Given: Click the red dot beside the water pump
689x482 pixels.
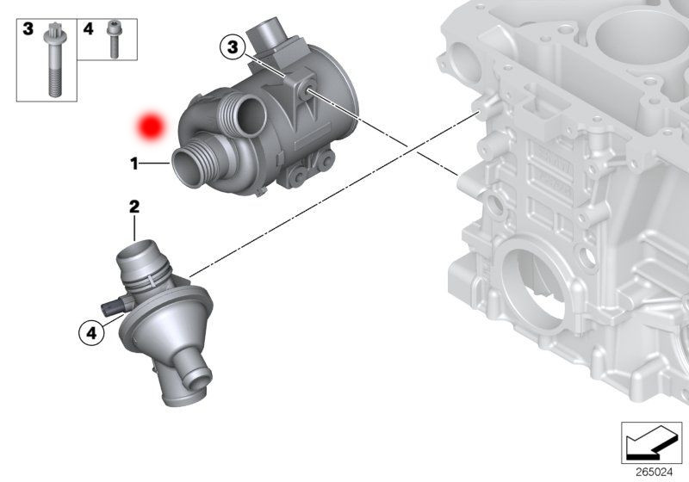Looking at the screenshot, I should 152,127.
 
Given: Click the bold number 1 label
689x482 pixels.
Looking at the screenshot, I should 134,161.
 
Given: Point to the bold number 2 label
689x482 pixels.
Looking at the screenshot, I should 134,207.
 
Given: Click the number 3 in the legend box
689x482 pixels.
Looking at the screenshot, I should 28,29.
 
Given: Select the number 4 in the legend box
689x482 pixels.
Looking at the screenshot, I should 88,29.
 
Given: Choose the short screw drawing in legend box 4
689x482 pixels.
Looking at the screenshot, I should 112,40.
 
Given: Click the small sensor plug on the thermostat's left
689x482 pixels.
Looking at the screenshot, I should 111,307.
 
